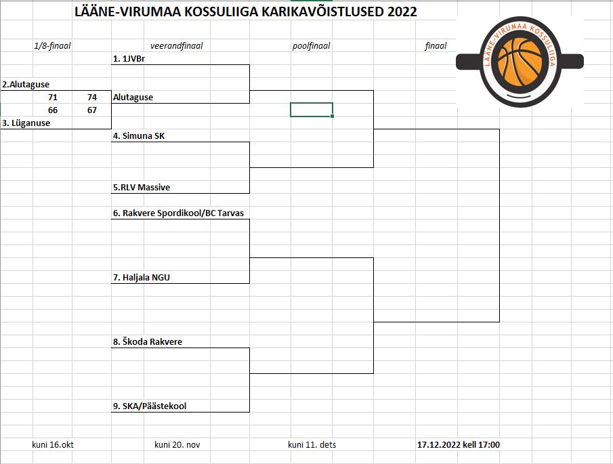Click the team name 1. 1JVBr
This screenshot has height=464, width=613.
(x=129, y=59)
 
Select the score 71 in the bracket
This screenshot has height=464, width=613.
(x=53, y=98)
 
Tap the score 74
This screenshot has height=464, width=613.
(x=92, y=98)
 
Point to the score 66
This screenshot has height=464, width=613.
(x=53, y=110)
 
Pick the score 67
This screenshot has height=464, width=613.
(x=92, y=110)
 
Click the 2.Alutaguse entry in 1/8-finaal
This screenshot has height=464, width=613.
(x=26, y=85)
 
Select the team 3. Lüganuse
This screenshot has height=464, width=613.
(x=26, y=123)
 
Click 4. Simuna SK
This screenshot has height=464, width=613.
(x=139, y=136)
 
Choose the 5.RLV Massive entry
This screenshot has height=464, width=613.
(x=142, y=187)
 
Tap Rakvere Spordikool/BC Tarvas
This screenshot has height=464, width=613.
(x=183, y=213)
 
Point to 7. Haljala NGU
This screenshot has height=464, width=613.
(x=142, y=278)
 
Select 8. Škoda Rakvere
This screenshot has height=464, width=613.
(x=148, y=341)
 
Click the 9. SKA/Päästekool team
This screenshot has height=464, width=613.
(x=150, y=406)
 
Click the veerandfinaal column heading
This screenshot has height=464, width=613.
(x=177, y=46)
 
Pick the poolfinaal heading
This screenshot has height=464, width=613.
(x=311, y=46)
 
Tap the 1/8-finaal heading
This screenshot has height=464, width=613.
(x=52, y=46)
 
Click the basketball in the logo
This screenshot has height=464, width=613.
(x=520, y=62)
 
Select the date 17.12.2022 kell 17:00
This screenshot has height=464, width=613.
(x=459, y=445)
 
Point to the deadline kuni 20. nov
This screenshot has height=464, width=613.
(x=177, y=445)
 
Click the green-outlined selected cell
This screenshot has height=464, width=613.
(x=312, y=110)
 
